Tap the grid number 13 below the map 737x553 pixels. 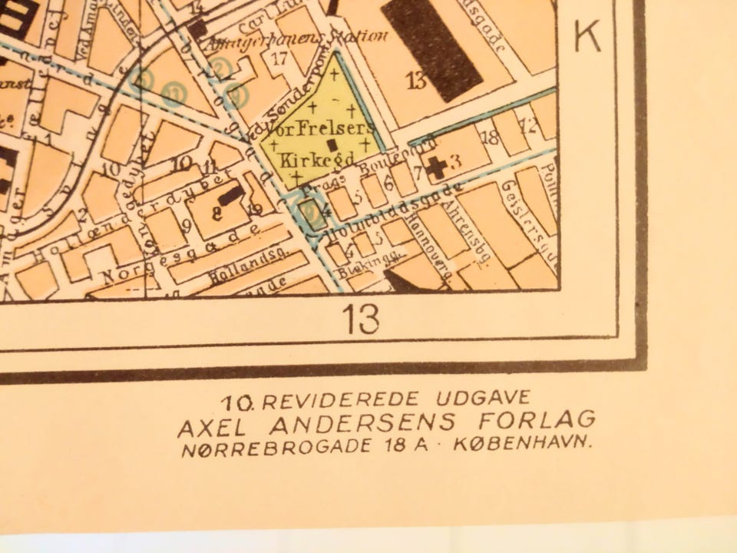pyautogui.click(x=360, y=320)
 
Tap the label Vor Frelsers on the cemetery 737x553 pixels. pyautogui.click(x=332, y=127)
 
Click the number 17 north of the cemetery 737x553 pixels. pyautogui.click(x=280, y=58)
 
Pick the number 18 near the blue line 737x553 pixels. pyautogui.click(x=489, y=137)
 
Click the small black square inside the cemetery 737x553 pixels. pyautogui.click(x=332, y=144)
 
